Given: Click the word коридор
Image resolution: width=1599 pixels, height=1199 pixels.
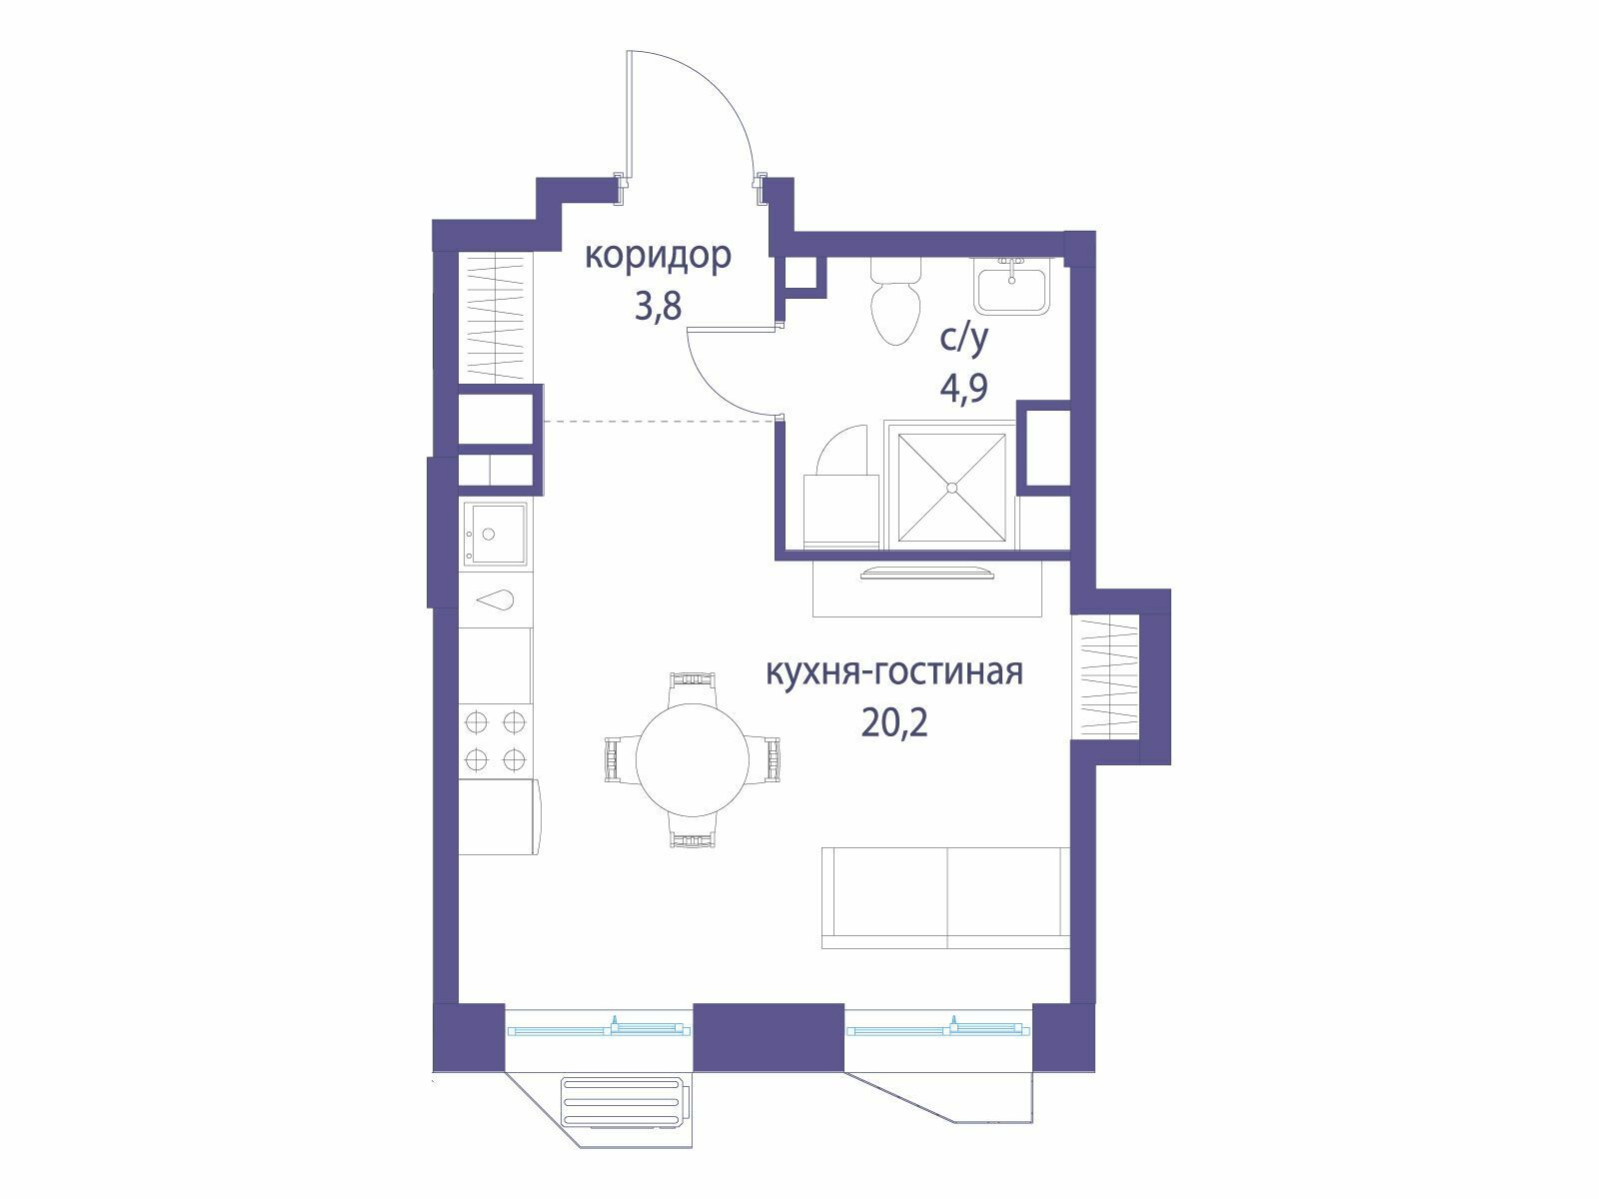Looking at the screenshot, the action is click(x=657, y=258).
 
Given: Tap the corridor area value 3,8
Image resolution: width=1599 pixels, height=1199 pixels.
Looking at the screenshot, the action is click(x=658, y=306).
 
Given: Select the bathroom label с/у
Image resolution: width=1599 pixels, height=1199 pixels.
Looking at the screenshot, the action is click(x=963, y=340).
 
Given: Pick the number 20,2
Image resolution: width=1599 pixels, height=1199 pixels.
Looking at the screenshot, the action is click(x=895, y=722).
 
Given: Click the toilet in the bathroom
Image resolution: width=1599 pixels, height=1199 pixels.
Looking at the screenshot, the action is click(x=896, y=302).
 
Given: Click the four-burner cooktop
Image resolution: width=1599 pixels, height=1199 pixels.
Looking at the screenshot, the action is click(x=496, y=740).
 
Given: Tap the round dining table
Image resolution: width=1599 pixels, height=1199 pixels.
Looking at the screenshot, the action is click(x=692, y=759).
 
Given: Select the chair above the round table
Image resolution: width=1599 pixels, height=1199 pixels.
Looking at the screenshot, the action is click(x=692, y=688).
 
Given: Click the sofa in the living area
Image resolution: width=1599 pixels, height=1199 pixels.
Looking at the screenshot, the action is click(x=945, y=897).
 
